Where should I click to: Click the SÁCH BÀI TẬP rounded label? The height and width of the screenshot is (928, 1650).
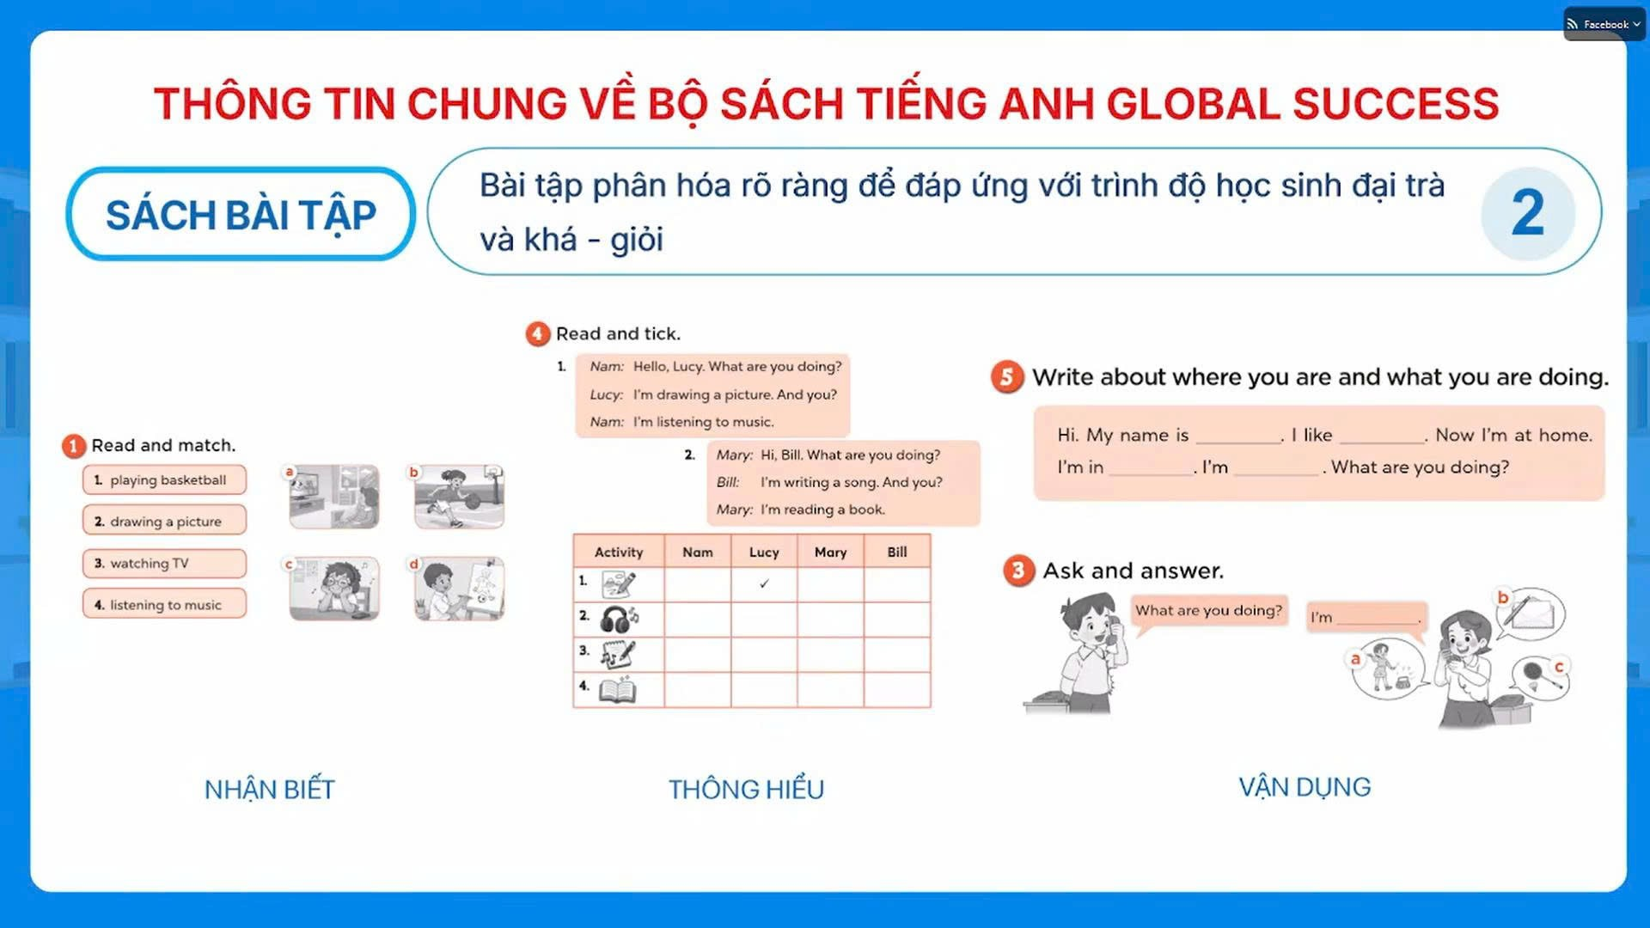[x=241, y=214]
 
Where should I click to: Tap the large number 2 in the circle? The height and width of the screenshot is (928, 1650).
[x=1527, y=212]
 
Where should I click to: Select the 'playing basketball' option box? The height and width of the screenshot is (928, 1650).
[x=164, y=479]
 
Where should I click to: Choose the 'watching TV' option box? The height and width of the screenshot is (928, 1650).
[x=164, y=563]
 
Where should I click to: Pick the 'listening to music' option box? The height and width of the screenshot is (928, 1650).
[x=164, y=604]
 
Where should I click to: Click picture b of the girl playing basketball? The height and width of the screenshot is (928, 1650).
[x=459, y=497]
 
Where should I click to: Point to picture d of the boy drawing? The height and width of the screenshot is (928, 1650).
[x=459, y=589]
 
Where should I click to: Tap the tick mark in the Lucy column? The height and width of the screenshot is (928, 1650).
[x=764, y=583]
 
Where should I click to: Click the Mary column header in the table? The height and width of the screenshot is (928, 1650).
[x=830, y=552]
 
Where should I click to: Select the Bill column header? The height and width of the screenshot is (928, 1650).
[x=897, y=552]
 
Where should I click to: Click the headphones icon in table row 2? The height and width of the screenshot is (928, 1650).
[x=619, y=619]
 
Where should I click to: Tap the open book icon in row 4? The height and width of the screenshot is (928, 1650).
[x=618, y=689]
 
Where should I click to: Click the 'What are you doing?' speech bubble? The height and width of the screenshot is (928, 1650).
[x=1208, y=611]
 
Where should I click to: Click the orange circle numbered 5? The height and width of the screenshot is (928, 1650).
[x=1007, y=376]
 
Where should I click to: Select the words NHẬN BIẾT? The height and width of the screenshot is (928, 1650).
[x=270, y=789]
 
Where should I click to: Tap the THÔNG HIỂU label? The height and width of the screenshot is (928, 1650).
[x=746, y=789]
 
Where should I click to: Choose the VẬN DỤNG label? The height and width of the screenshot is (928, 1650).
[x=1305, y=787]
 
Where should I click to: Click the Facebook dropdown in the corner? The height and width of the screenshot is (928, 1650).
[x=1604, y=24]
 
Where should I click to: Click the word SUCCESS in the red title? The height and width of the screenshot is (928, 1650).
[x=1396, y=104]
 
